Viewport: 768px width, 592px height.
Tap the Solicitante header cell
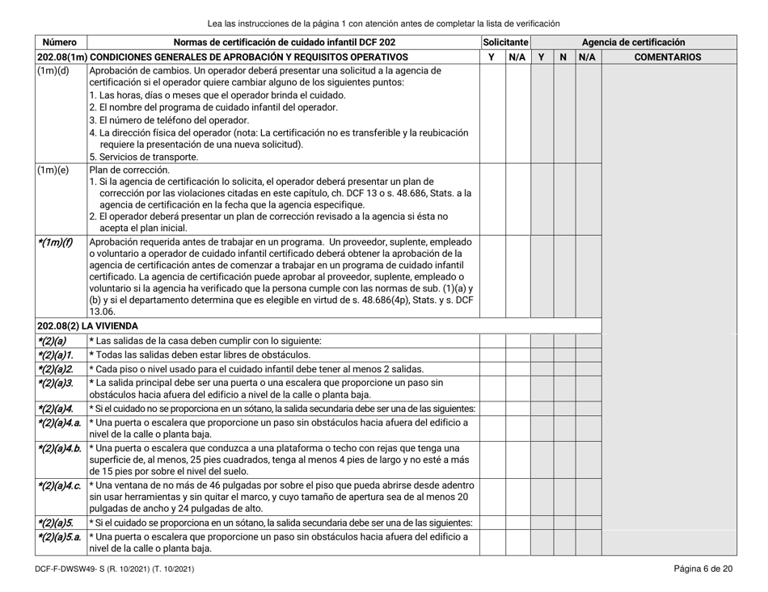click(504, 40)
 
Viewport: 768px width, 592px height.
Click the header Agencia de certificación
click(634, 40)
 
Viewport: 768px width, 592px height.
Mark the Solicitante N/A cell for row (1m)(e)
click(517, 199)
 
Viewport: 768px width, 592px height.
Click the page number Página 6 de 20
click(703, 569)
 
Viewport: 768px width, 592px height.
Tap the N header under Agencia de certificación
click(563, 57)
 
